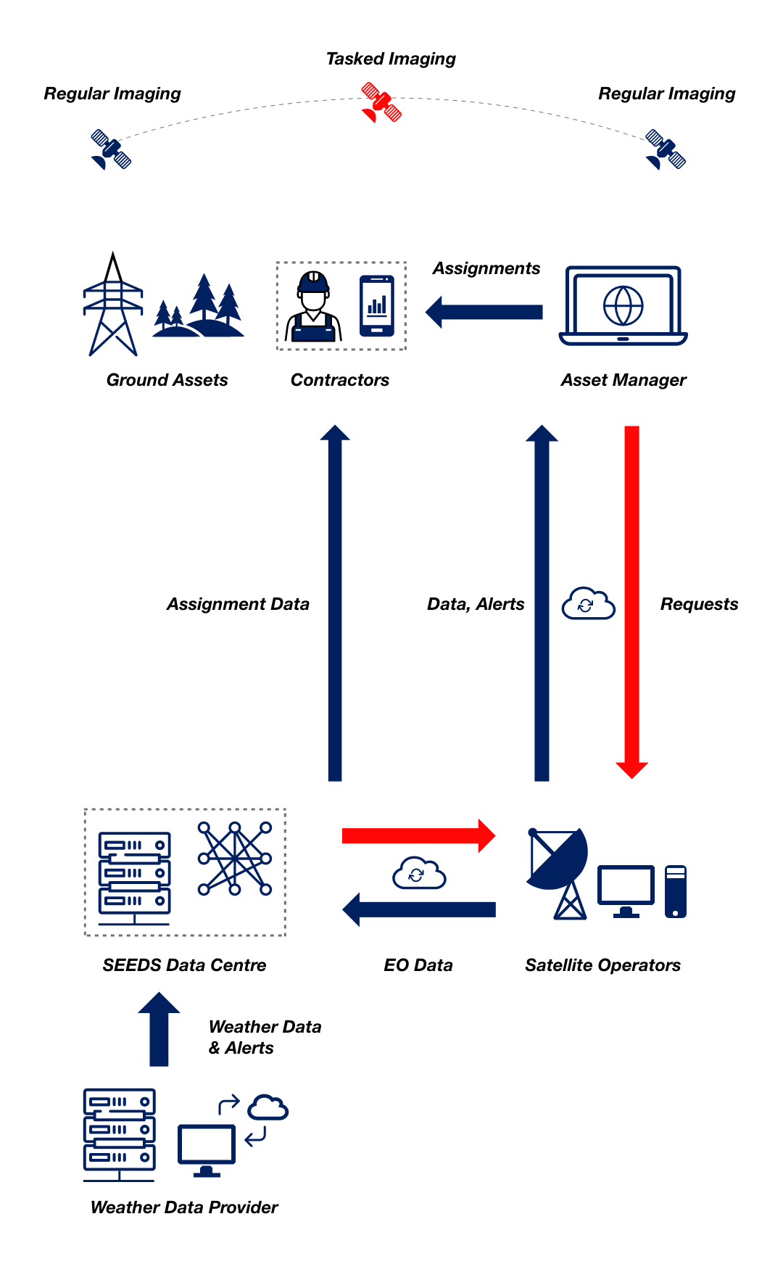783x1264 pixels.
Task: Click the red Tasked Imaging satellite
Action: [381, 102]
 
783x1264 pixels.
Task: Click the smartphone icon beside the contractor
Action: [377, 306]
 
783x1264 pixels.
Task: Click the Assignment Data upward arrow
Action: [335, 602]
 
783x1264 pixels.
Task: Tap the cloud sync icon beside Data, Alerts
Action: [588, 603]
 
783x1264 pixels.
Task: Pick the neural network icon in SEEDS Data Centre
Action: [235, 859]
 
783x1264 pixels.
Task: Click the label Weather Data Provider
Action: [184, 1207]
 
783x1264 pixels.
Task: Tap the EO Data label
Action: [418, 965]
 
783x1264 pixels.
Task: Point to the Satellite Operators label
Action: [602, 965]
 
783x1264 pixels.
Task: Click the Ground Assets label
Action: [167, 380]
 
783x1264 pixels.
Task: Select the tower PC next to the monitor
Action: [675, 891]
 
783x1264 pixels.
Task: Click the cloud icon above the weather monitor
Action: [268, 1107]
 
